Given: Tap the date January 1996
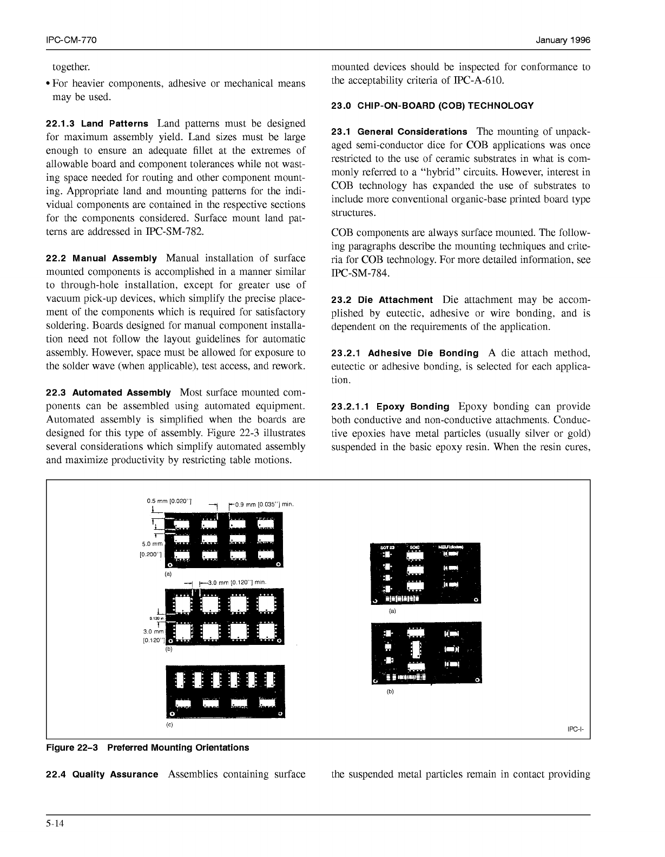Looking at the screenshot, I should pyautogui.click(x=563, y=41).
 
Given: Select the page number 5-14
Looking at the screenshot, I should pyautogui.click(x=55, y=824).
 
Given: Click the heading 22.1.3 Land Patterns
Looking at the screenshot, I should pyautogui.click(x=97, y=124).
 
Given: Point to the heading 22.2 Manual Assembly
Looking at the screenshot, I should pyautogui.click(x=101, y=259).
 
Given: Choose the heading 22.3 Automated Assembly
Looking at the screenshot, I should pyautogui.click(x=108, y=393).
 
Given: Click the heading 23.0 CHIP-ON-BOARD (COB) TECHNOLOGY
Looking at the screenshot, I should pyautogui.click(x=432, y=106).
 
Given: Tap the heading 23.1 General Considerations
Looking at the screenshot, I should pyautogui.click(x=399, y=132).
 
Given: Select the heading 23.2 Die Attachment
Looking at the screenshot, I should pyautogui.click(x=381, y=300).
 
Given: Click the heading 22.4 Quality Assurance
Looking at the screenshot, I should pyautogui.click(x=102, y=774).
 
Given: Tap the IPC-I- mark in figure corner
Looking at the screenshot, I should pyautogui.click(x=576, y=729).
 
